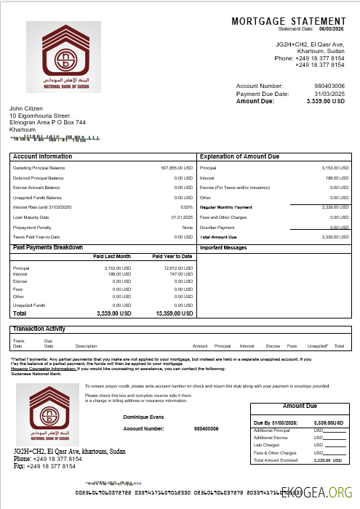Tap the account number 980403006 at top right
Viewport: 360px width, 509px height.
pyautogui.click(x=329, y=87)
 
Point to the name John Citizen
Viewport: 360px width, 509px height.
pyautogui.click(x=26, y=108)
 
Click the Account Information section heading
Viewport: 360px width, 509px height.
pyautogui.click(x=43, y=156)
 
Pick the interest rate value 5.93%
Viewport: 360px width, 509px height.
pyautogui.click(x=186, y=207)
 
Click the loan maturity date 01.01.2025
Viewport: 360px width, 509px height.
pyautogui.click(x=182, y=217)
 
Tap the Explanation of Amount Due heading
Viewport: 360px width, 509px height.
pyautogui.click(x=239, y=156)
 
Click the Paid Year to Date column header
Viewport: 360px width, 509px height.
pyautogui.click(x=172, y=257)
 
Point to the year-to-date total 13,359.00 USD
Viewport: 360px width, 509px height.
pyautogui.click(x=174, y=314)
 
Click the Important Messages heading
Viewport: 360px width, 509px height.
pyautogui.click(x=224, y=248)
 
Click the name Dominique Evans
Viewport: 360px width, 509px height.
pyautogui.click(x=143, y=417)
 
